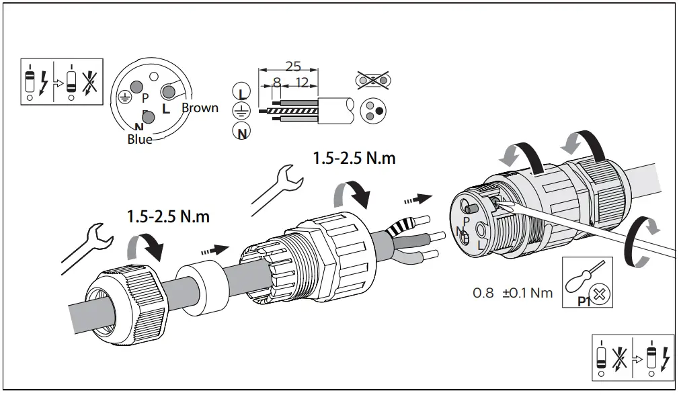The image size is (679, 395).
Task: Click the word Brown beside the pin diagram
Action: pyautogui.click(x=200, y=108)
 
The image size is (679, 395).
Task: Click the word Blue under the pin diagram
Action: pyautogui.click(x=140, y=140)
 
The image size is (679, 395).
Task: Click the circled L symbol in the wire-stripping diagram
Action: pyautogui.click(x=241, y=90)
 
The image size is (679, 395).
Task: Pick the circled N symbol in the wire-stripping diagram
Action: pyautogui.click(x=241, y=131)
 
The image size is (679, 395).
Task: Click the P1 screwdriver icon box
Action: pyautogui.click(x=587, y=283)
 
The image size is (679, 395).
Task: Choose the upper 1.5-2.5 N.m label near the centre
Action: pyautogui.click(x=354, y=159)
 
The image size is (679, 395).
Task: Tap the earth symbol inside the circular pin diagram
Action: pyautogui.click(x=124, y=97)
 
